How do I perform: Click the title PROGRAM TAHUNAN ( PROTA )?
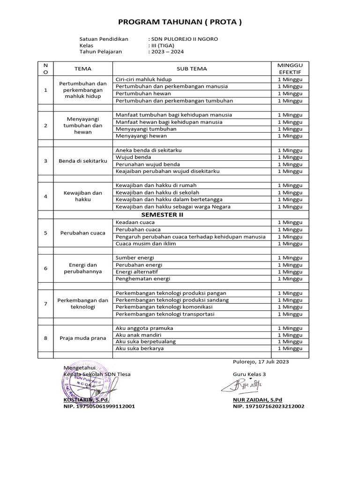180,22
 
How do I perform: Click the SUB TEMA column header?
192,68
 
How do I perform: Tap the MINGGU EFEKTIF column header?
290,68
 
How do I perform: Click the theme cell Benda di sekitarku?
82,161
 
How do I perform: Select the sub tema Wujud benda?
133,157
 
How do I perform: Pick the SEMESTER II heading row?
162,215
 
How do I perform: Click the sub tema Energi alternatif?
136,272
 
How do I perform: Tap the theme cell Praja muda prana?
82,338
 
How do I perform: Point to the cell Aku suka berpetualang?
145,342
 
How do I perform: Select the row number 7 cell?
45,303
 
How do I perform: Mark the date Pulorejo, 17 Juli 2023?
261,362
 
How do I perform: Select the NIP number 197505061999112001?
99,406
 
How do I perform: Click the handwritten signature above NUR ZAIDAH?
243,385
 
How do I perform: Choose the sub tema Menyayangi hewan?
141,136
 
